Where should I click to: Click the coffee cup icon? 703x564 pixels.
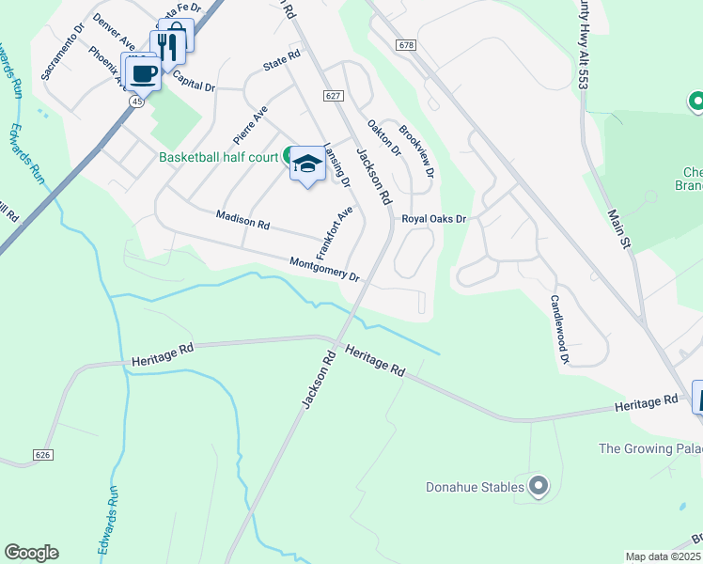[143, 72]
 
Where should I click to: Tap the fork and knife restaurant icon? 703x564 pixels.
[165, 47]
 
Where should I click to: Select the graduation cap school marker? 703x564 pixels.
[306, 164]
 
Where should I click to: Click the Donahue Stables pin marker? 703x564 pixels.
[538, 486]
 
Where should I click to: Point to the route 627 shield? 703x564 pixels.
[333, 96]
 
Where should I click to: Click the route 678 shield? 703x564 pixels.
[406, 45]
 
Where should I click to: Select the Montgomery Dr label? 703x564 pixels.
[324, 270]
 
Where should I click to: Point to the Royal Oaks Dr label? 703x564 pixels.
[434, 219]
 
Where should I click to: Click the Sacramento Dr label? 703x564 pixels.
[62, 62]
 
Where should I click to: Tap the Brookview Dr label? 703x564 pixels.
[416, 151]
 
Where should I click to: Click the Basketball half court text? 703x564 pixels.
[218, 157]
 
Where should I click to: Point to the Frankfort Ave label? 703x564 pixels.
[334, 233]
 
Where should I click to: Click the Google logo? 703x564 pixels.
[31, 553]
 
